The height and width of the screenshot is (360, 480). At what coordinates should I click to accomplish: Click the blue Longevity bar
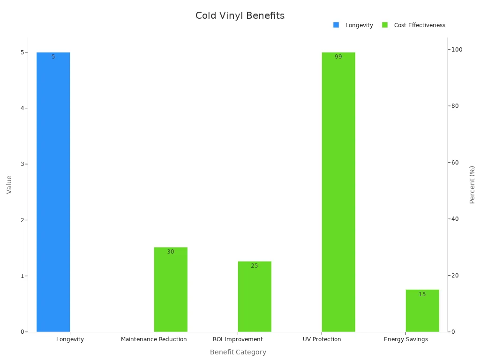[x=53, y=192]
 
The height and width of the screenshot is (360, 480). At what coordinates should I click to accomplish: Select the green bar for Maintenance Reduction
[x=171, y=290]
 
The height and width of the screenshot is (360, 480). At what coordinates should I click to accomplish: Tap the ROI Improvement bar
[x=255, y=297]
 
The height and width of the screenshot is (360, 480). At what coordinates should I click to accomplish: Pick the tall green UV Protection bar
[x=338, y=192]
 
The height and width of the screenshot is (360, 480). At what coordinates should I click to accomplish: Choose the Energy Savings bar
[x=422, y=311]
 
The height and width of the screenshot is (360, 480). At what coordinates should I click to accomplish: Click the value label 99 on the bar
[x=338, y=57]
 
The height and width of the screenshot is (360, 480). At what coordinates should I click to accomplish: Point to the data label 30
[x=171, y=252]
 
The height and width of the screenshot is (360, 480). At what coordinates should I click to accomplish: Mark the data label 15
[x=422, y=294]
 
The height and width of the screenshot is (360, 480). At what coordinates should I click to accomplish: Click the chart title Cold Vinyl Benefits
[x=240, y=15]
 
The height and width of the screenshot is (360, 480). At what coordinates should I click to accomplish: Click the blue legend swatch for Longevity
[x=336, y=25]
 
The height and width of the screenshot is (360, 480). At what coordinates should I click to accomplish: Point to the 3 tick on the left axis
[x=22, y=164]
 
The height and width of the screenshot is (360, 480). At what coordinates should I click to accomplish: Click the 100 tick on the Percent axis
[x=456, y=50]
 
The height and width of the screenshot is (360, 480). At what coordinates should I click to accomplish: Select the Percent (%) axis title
[x=472, y=184]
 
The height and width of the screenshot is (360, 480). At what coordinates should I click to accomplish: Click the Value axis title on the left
[x=9, y=184]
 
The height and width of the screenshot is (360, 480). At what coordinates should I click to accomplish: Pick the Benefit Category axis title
[x=238, y=352]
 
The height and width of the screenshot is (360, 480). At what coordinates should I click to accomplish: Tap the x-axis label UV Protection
[x=322, y=339]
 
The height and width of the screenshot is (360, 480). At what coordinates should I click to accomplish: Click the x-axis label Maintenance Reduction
[x=154, y=339]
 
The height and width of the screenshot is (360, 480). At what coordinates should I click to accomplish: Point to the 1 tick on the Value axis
[x=22, y=276]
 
